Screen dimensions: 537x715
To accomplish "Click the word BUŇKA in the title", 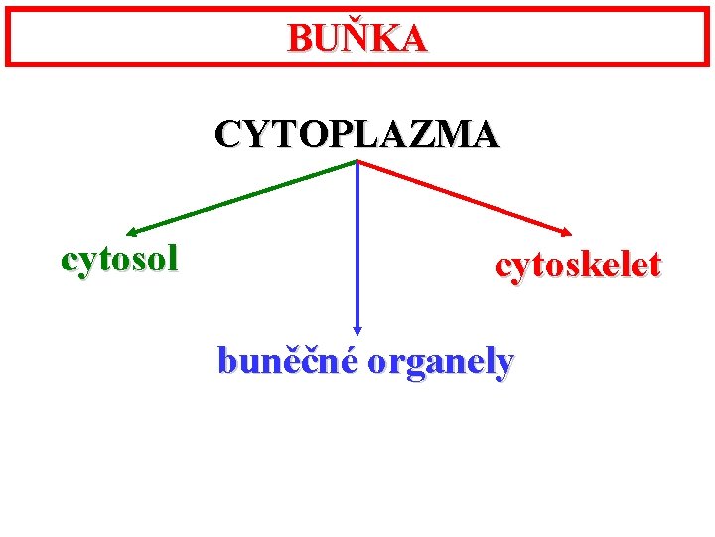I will (x=357, y=38).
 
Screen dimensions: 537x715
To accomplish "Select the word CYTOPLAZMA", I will (x=357, y=133).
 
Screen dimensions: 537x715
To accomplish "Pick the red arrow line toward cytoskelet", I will (x=462, y=197).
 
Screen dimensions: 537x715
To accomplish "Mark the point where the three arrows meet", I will (x=357, y=161).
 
